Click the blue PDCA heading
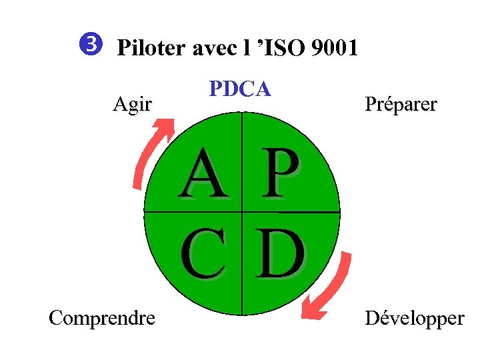coord(240,89)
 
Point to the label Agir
coord(132,105)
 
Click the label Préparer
coord(400,105)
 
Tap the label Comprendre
coord(102,318)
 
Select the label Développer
coord(414,318)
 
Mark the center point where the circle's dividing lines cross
coord(242,212)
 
